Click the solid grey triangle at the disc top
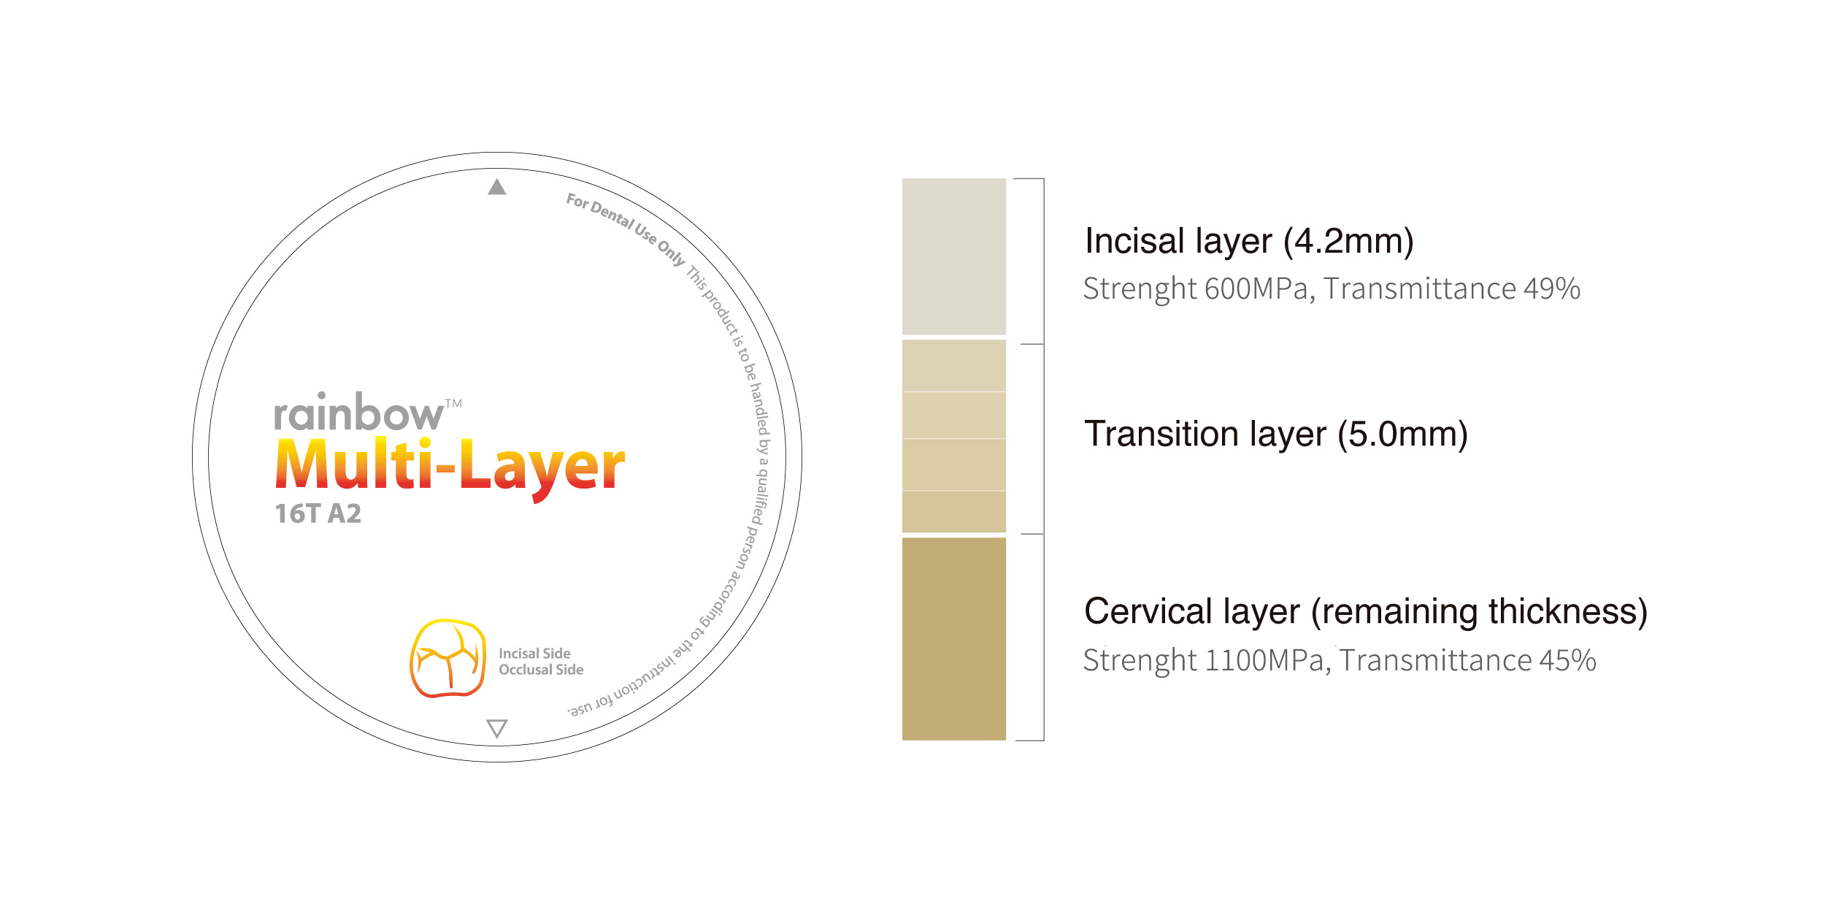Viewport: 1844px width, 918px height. click(x=497, y=188)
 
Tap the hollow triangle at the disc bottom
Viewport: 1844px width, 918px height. click(x=497, y=728)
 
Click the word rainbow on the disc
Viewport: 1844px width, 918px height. click(x=358, y=413)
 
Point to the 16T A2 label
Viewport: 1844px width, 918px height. click(x=318, y=513)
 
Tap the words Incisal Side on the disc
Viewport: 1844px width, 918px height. click(x=534, y=654)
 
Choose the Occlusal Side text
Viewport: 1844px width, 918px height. click(x=541, y=670)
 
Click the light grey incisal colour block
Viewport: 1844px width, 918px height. click(x=954, y=256)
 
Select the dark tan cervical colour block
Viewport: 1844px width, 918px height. click(x=954, y=639)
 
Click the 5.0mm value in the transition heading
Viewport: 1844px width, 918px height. click(x=1402, y=435)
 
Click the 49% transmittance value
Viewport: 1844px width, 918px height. click(x=1552, y=288)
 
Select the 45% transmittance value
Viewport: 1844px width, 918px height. click(x=1568, y=660)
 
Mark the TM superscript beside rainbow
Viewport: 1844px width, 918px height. click(x=453, y=403)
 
